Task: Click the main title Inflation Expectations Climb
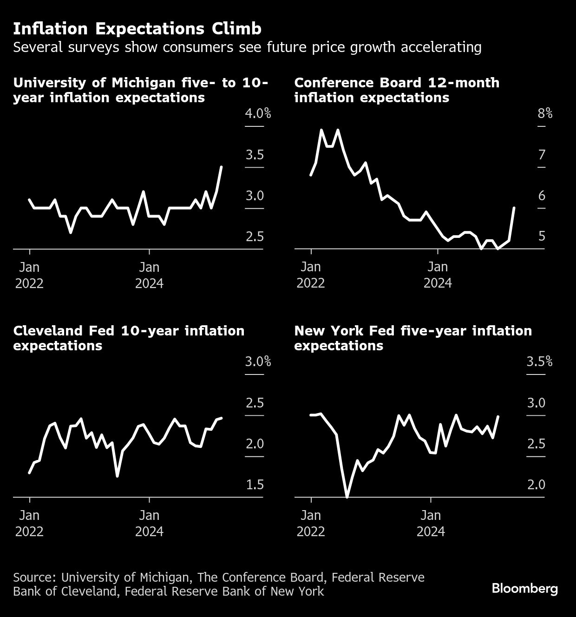pyautogui.click(x=137, y=29)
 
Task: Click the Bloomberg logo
pyautogui.click(x=524, y=589)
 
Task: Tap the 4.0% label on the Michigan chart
pyautogui.click(x=258, y=113)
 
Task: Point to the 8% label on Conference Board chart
pyautogui.click(x=545, y=113)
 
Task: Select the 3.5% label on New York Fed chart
pyautogui.click(x=539, y=361)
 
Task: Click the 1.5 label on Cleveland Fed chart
pyautogui.click(x=255, y=485)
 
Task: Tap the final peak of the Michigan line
pyautogui.click(x=221, y=166)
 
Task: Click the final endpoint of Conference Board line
pyautogui.click(x=514, y=208)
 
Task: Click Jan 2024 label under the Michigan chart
pyautogui.click(x=149, y=275)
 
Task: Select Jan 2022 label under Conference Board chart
pyautogui.click(x=311, y=275)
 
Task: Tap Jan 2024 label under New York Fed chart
pyautogui.click(x=431, y=523)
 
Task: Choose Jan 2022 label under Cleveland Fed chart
pyautogui.click(x=29, y=523)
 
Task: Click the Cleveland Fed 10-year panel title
pyautogui.click(x=129, y=338)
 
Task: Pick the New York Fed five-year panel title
pyautogui.click(x=413, y=338)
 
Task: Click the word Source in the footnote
pyautogui.click(x=34, y=578)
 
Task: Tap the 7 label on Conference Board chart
pyautogui.click(x=542, y=155)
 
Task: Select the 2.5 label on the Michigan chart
pyautogui.click(x=255, y=237)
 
